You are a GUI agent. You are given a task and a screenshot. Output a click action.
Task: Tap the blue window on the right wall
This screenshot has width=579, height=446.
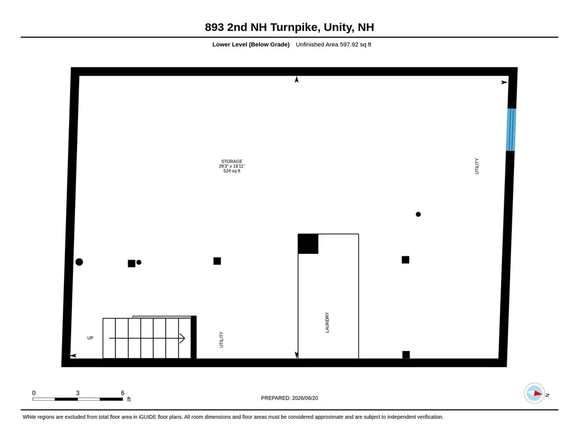(511, 129)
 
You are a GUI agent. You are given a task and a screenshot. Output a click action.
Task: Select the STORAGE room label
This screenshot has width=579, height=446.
(232, 161)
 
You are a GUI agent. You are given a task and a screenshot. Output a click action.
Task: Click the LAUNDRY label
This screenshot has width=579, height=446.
(327, 322)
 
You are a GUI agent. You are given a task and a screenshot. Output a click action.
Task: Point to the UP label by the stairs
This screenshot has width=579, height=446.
(90, 338)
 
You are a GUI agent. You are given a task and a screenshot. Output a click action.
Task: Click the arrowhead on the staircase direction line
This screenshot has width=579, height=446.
(182, 338)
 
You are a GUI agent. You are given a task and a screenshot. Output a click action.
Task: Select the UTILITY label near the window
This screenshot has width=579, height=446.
(477, 166)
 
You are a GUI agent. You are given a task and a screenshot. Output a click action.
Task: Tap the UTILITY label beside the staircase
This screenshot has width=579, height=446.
(222, 340)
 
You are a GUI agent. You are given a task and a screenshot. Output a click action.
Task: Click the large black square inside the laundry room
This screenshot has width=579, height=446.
(308, 244)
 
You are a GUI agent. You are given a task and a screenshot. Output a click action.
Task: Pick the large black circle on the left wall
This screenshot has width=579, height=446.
(79, 262)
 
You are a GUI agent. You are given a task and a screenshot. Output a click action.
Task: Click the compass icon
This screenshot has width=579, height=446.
(534, 393)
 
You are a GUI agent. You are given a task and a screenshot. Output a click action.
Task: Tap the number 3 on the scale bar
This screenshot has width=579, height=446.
(77, 393)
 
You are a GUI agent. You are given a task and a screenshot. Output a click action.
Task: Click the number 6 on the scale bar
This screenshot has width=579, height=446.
(123, 393)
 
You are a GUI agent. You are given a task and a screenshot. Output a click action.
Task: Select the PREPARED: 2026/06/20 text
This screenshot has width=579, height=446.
(289, 398)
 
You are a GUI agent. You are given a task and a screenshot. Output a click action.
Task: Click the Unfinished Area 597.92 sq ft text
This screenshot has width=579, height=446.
(334, 45)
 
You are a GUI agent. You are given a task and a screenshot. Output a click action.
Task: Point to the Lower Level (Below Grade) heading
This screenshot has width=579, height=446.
(250, 45)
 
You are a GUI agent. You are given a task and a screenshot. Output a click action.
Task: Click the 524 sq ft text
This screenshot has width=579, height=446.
(232, 171)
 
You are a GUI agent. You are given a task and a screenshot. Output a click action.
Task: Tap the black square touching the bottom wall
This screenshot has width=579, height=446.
(406, 355)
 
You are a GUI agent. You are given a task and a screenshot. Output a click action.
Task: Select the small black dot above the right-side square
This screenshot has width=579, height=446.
(418, 214)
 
